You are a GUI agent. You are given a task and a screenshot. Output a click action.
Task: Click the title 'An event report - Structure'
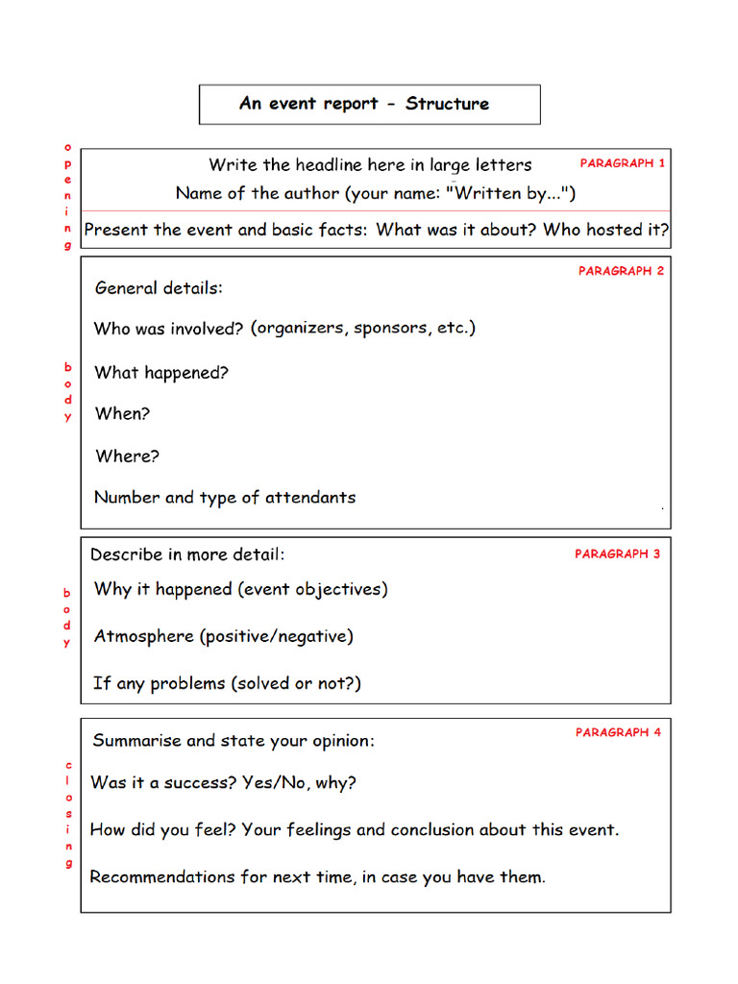[364, 104]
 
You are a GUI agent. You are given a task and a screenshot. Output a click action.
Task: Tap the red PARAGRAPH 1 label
[622, 163]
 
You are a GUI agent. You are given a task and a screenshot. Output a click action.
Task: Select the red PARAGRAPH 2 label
[621, 271]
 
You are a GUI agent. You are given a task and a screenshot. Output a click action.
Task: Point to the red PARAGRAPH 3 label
[617, 554]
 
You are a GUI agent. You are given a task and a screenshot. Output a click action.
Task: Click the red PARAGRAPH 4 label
[618, 732]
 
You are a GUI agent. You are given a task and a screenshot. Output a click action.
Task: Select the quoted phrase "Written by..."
[510, 193]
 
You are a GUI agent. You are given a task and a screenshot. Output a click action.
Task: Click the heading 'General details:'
[159, 287]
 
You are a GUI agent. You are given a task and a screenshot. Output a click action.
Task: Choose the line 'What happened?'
[161, 373]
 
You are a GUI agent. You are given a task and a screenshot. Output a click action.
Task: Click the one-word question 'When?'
[122, 414]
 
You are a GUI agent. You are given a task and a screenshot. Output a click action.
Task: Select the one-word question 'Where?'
[127, 456]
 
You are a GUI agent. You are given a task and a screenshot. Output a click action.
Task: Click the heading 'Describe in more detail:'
[187, 554]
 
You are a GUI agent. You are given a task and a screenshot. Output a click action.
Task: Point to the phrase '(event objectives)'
[312, 589]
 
